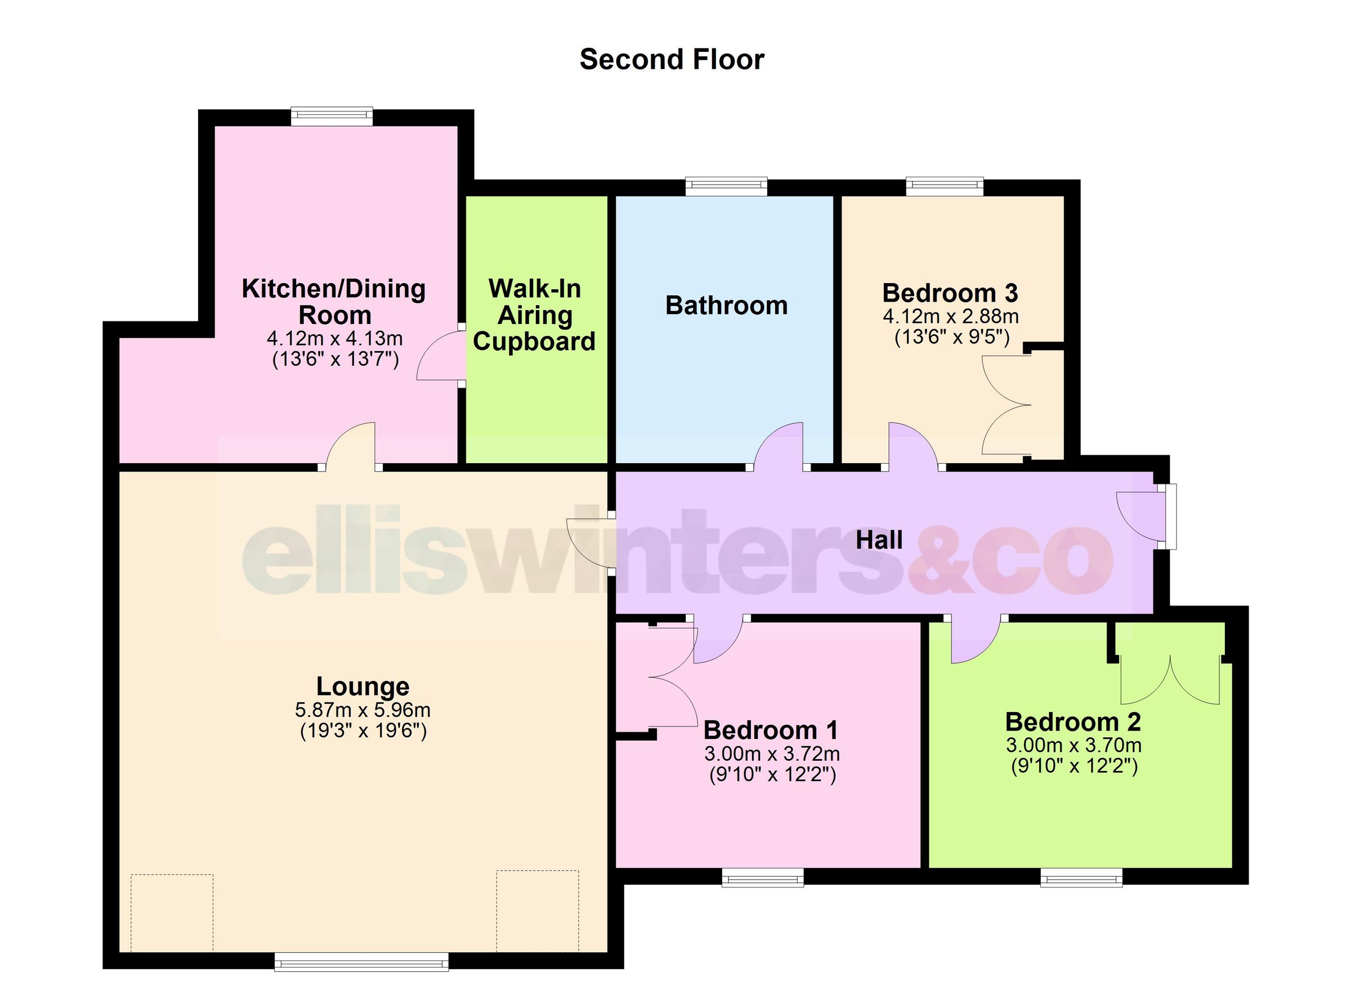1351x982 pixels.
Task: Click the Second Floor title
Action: (x=672, y=60)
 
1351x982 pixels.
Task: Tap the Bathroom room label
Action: (x=726, y=306)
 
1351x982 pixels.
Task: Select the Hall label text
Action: (x=879, y=540)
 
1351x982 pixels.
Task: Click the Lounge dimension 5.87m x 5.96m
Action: (x=362, y=710)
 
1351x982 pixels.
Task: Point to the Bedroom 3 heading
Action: (x=950, y=293)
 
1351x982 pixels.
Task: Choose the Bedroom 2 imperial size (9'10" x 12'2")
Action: (x=1074, y=766)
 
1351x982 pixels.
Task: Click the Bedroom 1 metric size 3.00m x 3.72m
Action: (x=772, y=754)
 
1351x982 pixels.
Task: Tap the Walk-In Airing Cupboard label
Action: (x=534, y=315)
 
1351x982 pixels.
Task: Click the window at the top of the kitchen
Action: (x=332, y=116)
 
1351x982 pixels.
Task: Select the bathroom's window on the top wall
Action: (x=726, y=186)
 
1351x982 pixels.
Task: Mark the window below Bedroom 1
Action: (x=762, y=877)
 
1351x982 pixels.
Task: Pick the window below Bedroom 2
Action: (x=1081, y=877)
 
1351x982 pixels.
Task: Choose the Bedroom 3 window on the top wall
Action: (x=945, y=186)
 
